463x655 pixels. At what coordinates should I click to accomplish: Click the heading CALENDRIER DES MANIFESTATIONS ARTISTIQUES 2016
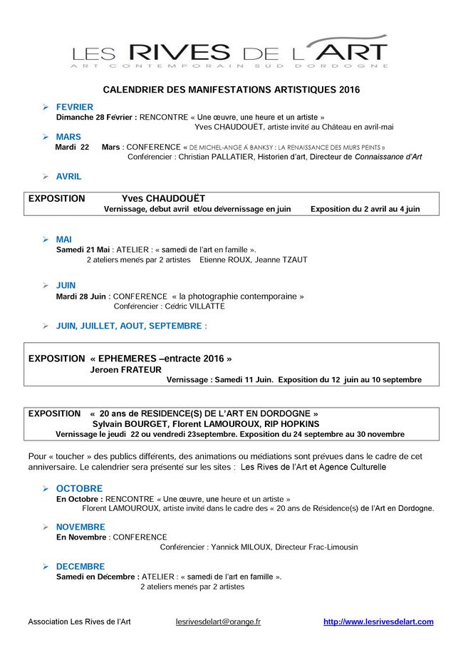[x=231, y=91]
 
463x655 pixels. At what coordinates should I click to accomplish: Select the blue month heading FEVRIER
[x=75, y=107]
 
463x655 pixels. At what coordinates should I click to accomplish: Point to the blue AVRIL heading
[x=69, y=176]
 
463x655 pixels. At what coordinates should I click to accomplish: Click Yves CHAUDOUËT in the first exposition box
[x=163, y=198]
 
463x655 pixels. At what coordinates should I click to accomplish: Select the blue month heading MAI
[x=64, y=239]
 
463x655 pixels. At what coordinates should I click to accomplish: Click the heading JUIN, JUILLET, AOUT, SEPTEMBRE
[x=129, y=326]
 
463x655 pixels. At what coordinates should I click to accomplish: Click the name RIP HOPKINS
[x=292, y=423]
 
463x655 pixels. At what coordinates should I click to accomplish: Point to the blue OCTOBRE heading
[x=79, y=488]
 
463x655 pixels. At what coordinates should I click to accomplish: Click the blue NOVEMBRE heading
[x=80, y=527]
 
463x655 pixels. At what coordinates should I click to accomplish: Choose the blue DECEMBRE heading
[x=80, y=567]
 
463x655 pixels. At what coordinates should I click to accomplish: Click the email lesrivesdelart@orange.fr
[x=218, y=622]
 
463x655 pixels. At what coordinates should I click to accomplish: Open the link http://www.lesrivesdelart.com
[x=378, y=622]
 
